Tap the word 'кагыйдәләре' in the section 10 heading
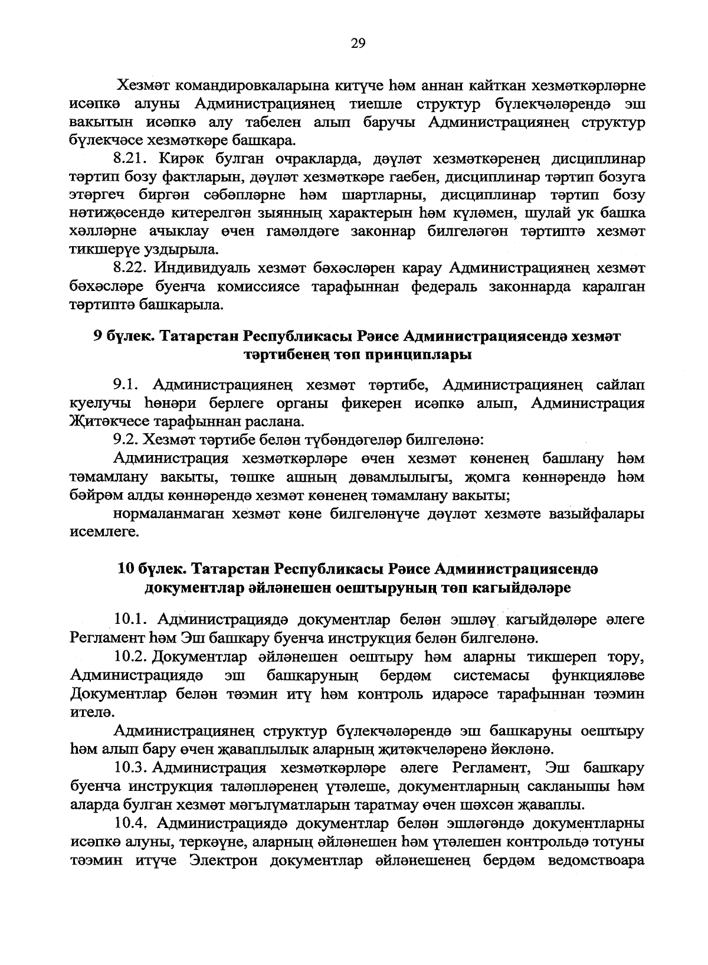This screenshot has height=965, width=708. (x=520, y=588)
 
